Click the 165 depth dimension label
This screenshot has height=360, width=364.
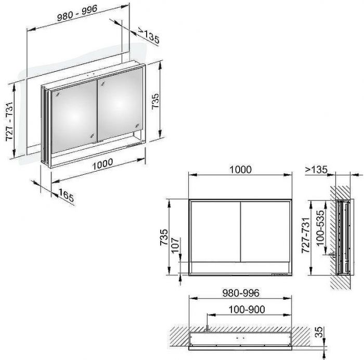point(66,196)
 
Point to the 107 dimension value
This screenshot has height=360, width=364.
point(176,245)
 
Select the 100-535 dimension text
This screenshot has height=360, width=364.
point(320,228)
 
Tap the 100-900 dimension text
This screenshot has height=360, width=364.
point(247,310)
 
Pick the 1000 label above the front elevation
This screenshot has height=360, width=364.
point(240,170)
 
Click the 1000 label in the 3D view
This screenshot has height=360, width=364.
point(102,164)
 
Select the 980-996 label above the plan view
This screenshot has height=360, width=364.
point(241,293)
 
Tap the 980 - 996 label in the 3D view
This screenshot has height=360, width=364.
point(77,13)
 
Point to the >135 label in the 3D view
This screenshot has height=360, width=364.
point(149,35)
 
